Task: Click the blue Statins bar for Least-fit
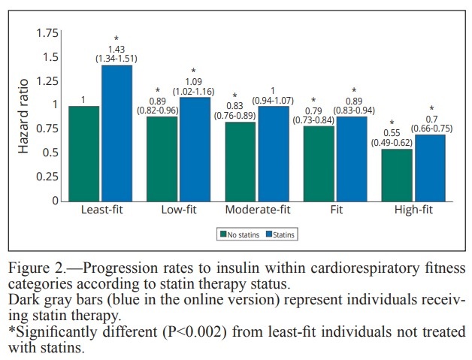(116, 133)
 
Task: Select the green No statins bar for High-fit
(397, 174)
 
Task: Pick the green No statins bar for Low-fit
(162, 159)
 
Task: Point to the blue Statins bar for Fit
(352, 159)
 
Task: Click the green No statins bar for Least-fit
(84, 153)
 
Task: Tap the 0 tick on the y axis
(53, 201)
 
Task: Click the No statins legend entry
(239, 234)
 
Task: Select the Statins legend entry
(281, 234)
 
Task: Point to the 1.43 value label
(116, 48)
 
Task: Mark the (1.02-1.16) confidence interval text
(194, 91)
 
